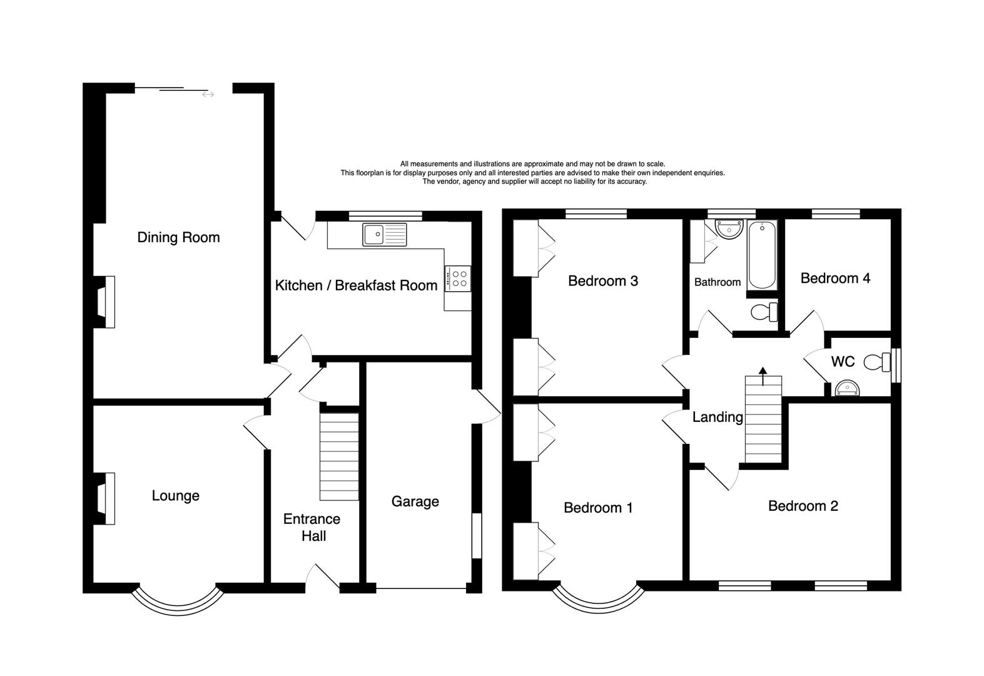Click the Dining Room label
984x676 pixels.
point(178,238)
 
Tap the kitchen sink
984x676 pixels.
point(384,234)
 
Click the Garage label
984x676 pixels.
point(415,501)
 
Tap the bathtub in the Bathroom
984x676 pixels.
point(762,255)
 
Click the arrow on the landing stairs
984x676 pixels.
point(763,372)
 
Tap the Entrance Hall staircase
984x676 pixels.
point(339,456)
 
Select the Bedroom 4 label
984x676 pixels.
point(835,279)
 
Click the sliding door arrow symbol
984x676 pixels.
point(208,95)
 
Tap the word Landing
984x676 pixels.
point(717,417)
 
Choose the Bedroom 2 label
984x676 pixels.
point(803,506)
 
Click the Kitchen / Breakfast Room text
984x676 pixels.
point(356,285)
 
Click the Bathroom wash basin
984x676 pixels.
point(729,229)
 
